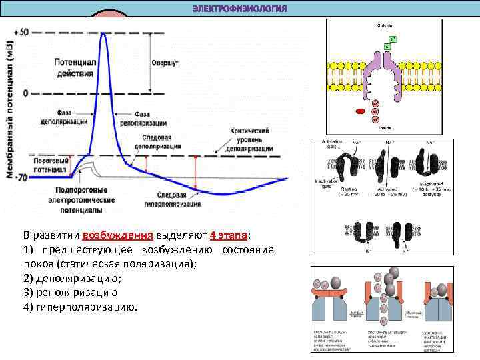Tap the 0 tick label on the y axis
point(25,93)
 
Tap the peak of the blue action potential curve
point(103,33)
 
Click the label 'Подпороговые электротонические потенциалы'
point(79,200)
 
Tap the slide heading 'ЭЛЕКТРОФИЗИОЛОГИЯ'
point(239,9)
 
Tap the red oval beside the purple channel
point(361,112)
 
